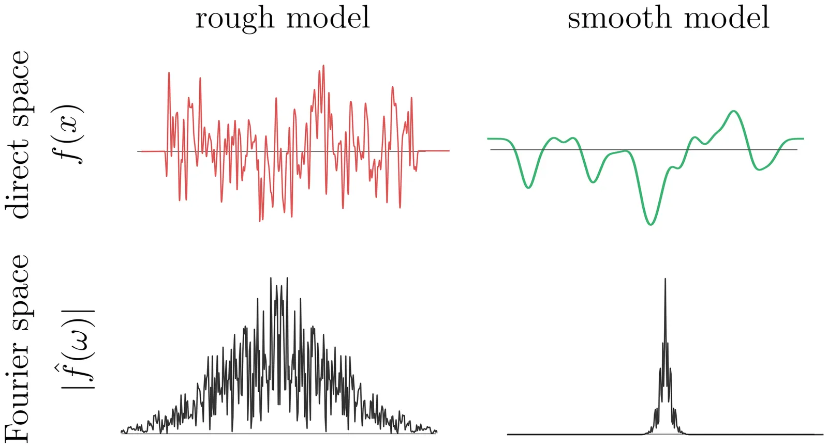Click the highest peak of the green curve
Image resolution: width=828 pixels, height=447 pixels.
click(733, 111)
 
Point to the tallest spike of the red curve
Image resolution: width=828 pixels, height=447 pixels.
click(323, 66)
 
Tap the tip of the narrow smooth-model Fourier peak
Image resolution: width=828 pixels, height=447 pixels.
click(665, 279)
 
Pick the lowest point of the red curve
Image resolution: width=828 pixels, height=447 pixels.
click(260, 221)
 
